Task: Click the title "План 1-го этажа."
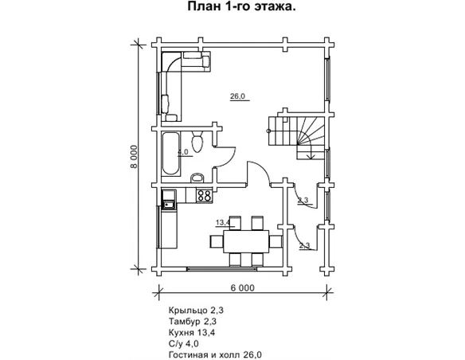[x=241, y=6]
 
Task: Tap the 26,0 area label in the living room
[x=238, y=96]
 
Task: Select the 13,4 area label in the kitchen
[x=224, y=222]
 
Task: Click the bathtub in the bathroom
[x=171, y=154]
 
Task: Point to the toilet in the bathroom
[x=197, y=142]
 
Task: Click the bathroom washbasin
[x=197, y=178]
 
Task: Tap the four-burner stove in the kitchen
[x=205, y=196]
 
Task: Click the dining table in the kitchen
[x=246, y=241]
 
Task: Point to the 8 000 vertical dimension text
[x=134, y=157]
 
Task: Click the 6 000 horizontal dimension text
[x=242, y=288]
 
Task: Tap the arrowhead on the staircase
[x=311, y=156]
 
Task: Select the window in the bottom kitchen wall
[x=222, y=268]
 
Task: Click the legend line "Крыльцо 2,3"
[x=196, y=311]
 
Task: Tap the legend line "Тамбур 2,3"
[x=193, y=322]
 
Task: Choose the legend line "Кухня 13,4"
[x=192, y=332]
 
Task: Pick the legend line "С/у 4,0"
[x=184, y=344]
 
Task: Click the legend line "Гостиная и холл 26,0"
[x=215, y=354]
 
